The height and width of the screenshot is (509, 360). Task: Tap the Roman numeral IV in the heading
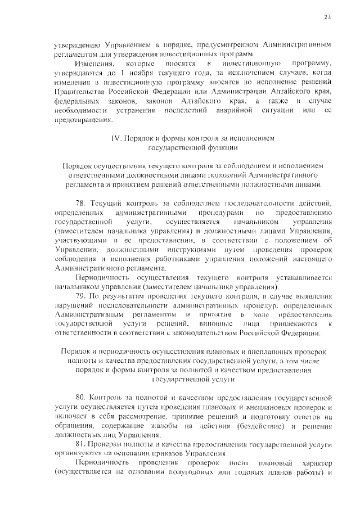pos(115,138)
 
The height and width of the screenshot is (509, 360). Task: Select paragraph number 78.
pos(80,202)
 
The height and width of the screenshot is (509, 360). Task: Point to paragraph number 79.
pos(80,296)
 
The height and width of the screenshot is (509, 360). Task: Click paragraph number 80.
pos(80,399)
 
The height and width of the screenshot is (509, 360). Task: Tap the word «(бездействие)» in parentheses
pos(251,426)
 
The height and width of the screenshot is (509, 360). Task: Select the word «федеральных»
pos(75,100)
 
